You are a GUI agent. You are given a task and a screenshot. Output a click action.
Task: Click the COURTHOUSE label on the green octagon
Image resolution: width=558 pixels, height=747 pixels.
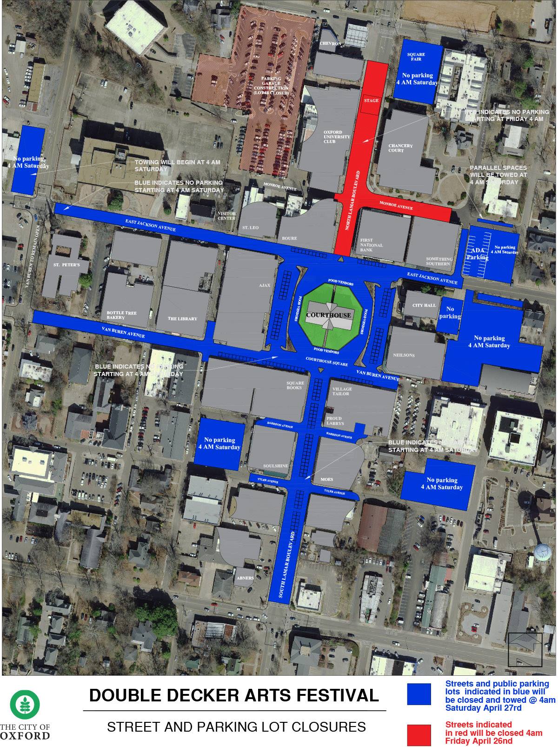tap(329, 315)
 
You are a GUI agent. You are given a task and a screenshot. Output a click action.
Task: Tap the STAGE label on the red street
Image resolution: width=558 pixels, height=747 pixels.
tap(371, 101)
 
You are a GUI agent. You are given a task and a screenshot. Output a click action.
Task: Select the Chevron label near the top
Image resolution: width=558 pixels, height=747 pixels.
tap(331, 44)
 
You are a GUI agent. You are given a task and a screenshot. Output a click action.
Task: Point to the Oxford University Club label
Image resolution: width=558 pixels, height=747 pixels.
tap(333, 137)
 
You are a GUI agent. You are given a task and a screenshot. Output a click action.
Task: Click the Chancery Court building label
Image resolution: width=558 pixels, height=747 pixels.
tap(400, 148)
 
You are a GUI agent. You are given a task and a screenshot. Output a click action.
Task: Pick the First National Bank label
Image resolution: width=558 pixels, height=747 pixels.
tap(372, 245)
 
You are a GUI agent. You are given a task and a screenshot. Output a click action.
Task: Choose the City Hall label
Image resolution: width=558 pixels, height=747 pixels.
tap(424, 305)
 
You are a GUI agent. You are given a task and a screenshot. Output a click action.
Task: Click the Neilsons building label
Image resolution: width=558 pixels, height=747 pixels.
tap(404, 355)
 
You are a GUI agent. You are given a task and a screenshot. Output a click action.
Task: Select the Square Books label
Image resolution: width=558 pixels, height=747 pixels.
tap(295, 385)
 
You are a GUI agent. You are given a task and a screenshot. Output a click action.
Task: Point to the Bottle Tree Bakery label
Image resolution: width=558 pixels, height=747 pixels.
tap(122, 315)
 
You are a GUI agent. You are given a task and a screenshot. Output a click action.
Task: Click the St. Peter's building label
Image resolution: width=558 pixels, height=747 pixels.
tap(64, 265)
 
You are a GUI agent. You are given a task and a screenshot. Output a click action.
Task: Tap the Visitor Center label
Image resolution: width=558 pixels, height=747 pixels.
tap(227, 216)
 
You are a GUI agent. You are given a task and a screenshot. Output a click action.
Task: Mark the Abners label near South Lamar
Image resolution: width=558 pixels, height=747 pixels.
tap(245, 578)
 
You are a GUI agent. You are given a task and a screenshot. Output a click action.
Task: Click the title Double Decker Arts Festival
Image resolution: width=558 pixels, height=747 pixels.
tap(234, 695)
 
